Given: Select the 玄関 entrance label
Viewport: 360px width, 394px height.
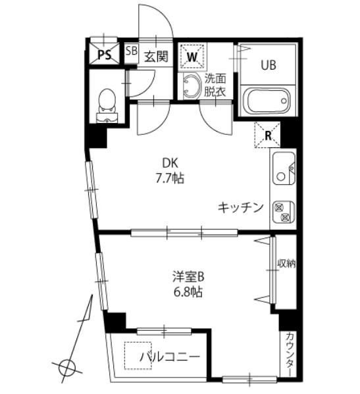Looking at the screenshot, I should [x=156, y=56].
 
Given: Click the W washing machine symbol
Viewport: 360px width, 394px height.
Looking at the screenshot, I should [x=193, y=56].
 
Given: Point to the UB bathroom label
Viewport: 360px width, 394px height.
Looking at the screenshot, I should [x=267, y=64].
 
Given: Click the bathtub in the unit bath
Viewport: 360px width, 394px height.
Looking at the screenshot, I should [x=267, y=103].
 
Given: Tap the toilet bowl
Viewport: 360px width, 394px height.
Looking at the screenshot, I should [x=105, y=102].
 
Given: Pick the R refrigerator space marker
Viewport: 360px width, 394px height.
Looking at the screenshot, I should [x=269, y=135].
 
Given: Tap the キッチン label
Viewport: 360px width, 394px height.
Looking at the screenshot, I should [x=241, y=207].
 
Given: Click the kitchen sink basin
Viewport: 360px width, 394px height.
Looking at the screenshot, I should [x=283, y=170].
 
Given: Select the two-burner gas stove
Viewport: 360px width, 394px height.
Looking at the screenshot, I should [x=283, y=210].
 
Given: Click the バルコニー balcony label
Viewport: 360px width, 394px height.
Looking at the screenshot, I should [x=169, y=357].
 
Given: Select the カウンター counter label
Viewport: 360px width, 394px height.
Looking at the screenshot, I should [x=290, y=355].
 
